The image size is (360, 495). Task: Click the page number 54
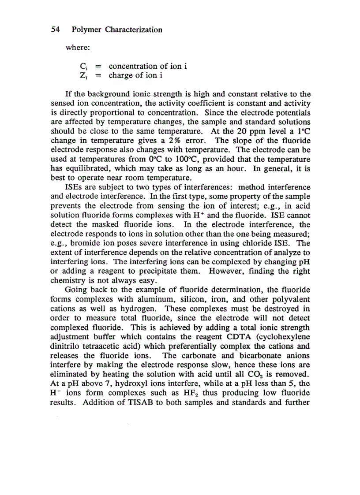pyautogui.click(x=55, y=30)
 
